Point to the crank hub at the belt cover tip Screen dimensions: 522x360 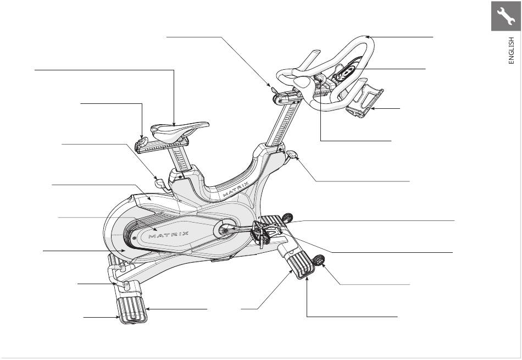[x=225, y=230]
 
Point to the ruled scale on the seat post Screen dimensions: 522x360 [x=181, y=159]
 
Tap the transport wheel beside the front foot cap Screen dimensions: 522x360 [x=318, y=261]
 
